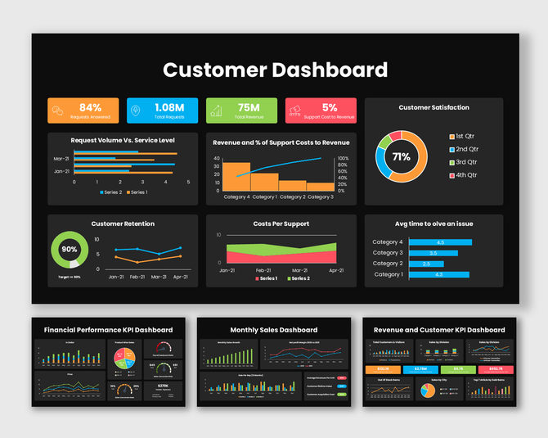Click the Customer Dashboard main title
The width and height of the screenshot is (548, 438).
[x=275, y=70]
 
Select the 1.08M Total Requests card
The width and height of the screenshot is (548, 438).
[x=162, y=111]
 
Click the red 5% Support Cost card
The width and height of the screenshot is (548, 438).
[x=321, y=111]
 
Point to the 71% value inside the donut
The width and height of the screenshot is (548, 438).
[x=401, y=156]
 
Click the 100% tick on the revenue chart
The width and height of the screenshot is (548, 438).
[x=343, y=159]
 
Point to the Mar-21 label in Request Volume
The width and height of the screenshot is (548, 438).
[x=61, y=159]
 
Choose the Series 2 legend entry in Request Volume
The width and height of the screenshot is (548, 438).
[x=111, y=192]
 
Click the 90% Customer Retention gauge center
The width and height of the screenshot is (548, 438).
[x=70, y=249]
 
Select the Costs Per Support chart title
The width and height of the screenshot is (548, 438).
[x=281, y=224]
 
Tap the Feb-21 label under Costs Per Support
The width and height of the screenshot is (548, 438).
[x=263, y=270]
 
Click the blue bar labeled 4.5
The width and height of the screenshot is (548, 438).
[x=440, y=242]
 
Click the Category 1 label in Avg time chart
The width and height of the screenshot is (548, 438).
[x=388, y=274]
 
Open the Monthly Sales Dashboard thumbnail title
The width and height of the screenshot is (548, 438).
[x=274, y=330]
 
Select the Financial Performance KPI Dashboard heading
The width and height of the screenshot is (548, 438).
[x=108, y=330]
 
